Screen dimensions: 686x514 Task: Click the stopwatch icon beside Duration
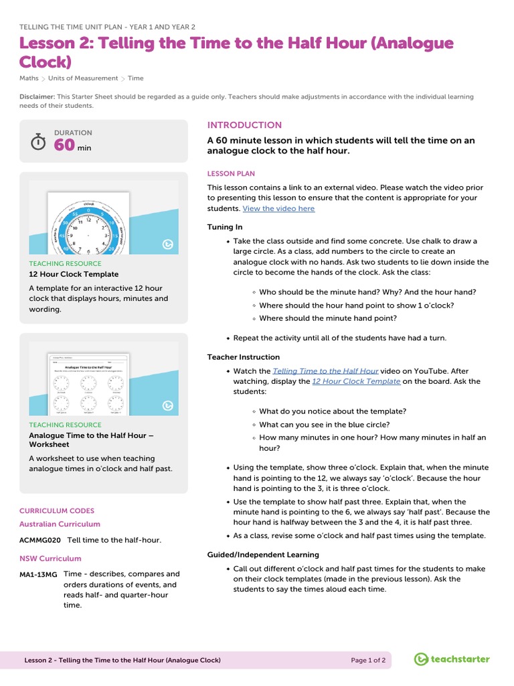click(x=39, y=142)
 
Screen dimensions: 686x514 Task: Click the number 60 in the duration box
click(x=64, y=146)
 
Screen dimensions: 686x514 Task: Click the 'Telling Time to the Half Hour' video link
click(x=325, y=370)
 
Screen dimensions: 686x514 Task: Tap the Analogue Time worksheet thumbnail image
click(x=104, y=379)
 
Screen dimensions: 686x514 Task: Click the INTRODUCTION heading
click(x=244, y=125)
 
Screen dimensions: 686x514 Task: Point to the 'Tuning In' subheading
click(x=225, y=227)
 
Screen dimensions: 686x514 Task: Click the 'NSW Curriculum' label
click(x=50, y=558)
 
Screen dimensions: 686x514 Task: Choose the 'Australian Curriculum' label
click(x=60, y=524)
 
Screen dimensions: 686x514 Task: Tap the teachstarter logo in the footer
click(x=452, y=660)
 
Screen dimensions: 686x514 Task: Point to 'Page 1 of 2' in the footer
click(x=368, y=661)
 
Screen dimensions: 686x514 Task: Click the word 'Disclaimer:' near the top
click(x=36, y=97)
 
